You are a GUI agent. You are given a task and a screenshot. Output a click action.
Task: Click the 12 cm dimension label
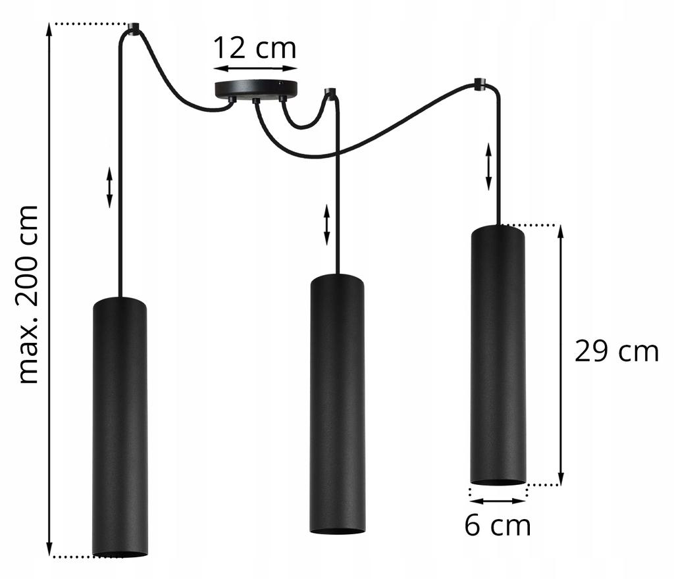[254, 49]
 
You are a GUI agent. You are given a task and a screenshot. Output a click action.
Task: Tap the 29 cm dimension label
[616, 352]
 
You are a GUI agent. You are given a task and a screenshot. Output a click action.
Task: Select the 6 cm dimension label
[497, 526]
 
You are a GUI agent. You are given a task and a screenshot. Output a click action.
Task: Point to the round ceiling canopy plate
[256, 88]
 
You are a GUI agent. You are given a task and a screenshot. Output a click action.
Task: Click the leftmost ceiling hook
[134, 28]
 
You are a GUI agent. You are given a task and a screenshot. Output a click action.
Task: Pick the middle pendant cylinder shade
[338, 401]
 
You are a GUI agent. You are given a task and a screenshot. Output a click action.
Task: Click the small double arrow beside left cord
[109, 188]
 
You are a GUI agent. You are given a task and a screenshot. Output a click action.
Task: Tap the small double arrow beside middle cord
[326, 224]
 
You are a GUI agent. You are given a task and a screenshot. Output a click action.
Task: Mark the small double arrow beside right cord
[488, 166]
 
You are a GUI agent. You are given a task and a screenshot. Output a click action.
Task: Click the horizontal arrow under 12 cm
[255, 68]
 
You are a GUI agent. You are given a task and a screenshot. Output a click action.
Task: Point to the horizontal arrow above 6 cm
[498, 501]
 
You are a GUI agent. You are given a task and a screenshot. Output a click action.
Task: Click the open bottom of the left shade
[120, 553]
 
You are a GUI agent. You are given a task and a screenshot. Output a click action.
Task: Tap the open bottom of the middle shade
[338, 530]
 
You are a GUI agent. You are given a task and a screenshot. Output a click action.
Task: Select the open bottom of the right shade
[498, 482]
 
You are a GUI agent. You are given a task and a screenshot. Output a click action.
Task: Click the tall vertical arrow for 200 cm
[49, 290]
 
